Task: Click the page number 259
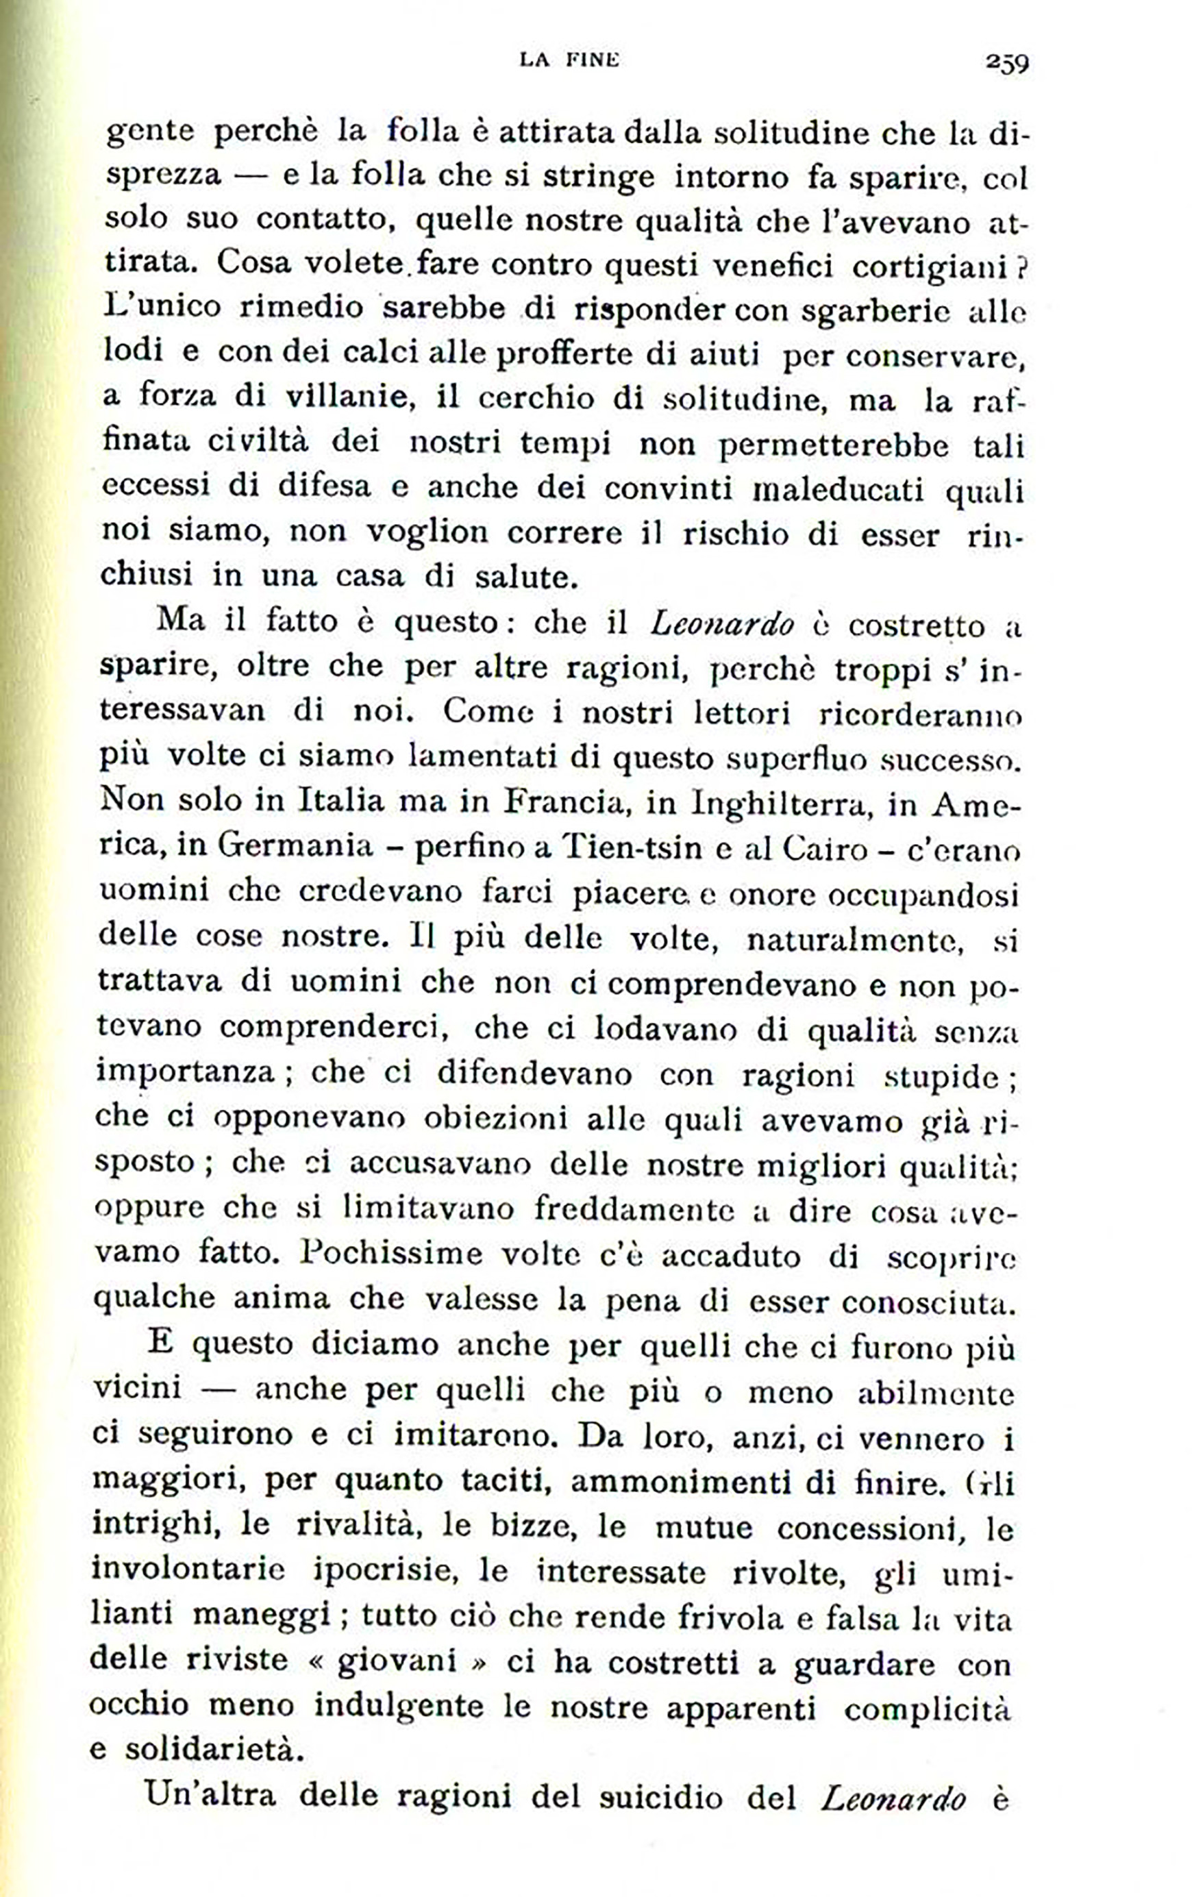[x=1006, y=62]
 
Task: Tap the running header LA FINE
[x=569, y=60]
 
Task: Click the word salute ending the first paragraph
[x=527, y=578]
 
